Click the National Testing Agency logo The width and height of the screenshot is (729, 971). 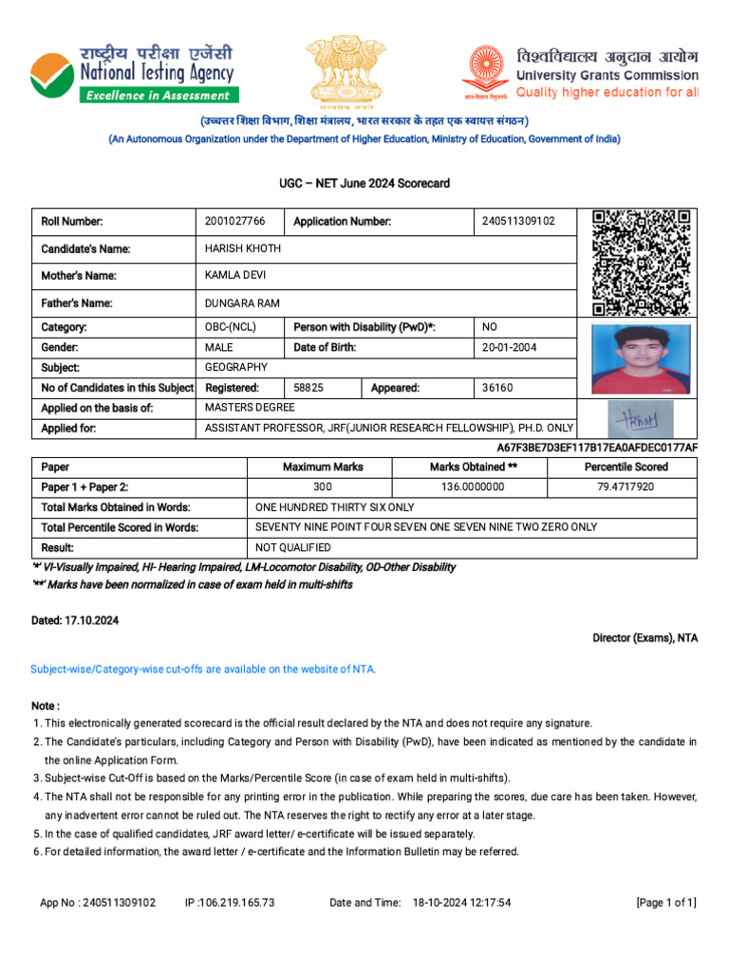tap(133, 72)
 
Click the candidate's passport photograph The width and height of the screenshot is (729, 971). tap(640, 359)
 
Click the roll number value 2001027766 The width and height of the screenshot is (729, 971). tap(235, 222)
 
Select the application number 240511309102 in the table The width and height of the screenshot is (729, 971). tap(518, 222)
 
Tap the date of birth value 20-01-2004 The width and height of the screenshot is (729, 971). tap(510, 348)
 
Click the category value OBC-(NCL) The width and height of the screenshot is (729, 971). tap(231, 327)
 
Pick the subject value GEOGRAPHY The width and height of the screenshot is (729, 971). tap(236, 368)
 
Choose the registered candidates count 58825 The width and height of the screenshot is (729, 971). tap(308, 389)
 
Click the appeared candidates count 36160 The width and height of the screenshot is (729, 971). tap(497, 389)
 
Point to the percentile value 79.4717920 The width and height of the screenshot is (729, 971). tap(626, 487)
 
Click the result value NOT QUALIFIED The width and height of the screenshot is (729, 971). tap(293, 548)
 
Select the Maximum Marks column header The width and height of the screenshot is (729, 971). tap(323, 467)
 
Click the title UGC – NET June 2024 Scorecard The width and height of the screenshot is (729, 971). tap(364, 183)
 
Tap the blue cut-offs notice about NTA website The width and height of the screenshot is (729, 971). tap(204, 669)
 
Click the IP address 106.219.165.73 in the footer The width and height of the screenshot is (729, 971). tap(230, 903)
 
